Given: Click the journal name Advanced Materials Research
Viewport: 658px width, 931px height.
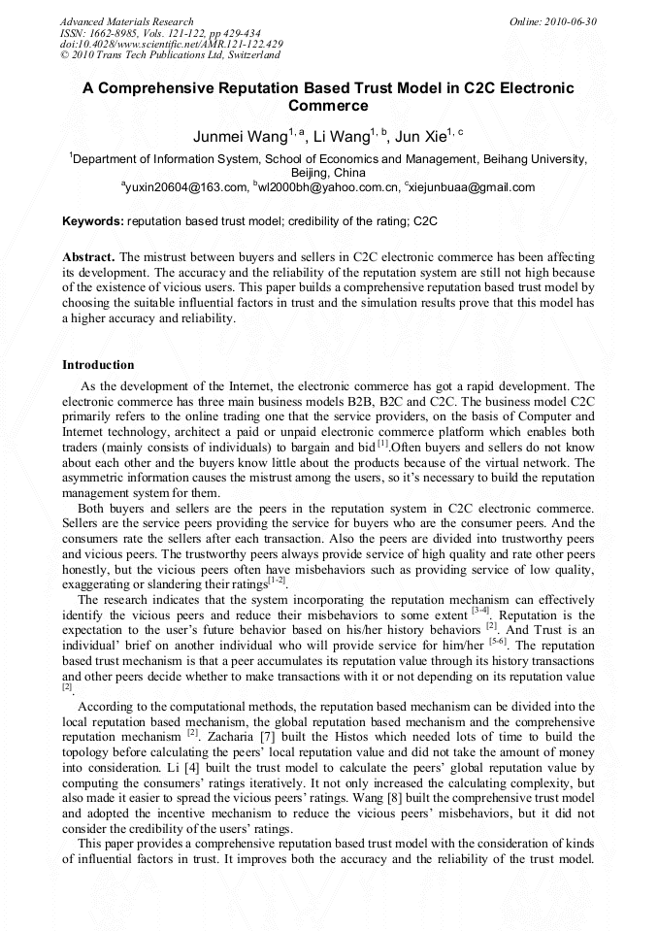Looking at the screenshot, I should click(126, 21).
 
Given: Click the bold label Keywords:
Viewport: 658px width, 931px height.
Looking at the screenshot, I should click(93, 221).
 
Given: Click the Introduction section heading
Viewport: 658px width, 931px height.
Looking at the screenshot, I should click(98, 365).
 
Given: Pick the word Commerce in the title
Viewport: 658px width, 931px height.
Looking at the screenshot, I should click(328, 106).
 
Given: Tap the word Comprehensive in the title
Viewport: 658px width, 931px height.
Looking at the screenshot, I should click(165, 88).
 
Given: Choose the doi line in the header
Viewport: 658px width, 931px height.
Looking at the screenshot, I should click(171, 45).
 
